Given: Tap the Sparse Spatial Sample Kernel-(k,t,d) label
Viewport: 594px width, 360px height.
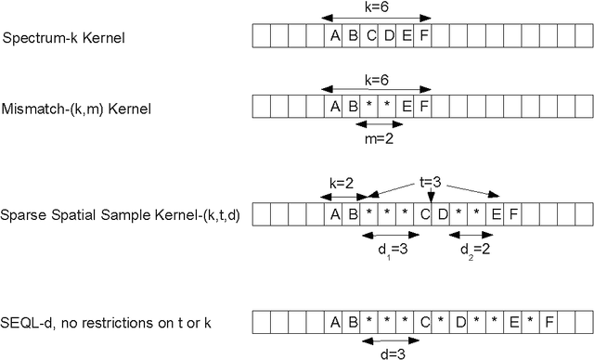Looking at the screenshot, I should pyautogui.click(x=122, y=217).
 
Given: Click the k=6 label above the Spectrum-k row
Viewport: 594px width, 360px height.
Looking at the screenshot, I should pyautogui.click(x=378, y=6).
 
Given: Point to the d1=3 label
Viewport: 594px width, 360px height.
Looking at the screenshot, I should pyautogui.click(x=386, y=249).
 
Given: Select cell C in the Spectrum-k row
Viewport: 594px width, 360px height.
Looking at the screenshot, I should pyautogui.click(x=370, y=37).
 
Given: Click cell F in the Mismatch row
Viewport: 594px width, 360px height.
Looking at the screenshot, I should pyautogui.click(x=424, y=107).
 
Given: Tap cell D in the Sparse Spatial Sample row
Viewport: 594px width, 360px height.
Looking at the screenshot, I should pyautogui.click(x=443, y=215).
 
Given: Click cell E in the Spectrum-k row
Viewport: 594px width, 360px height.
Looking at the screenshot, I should pyautogui.click(x=407, y=37).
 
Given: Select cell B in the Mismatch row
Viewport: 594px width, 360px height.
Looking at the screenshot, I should pyautogui.click(x=353, y=107).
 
